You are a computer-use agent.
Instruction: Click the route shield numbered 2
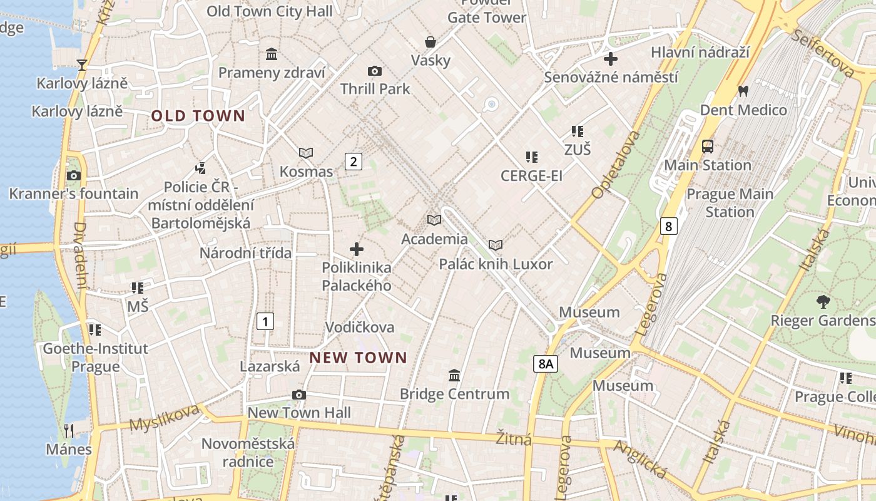[354, 162]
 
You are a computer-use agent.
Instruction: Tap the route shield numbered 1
[265, 322]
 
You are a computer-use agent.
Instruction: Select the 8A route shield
[546, 363]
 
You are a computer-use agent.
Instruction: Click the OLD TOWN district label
[198, 116]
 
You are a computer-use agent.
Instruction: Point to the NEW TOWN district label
[359, 358]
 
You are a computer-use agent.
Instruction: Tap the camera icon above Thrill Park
[375, 71]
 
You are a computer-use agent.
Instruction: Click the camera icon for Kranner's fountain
[74, 175]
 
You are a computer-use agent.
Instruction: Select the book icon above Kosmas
[306, 153]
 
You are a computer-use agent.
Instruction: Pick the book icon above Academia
[434, 220]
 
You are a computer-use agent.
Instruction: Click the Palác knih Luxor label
[496, 264]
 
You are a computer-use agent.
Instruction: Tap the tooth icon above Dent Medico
[743, 91]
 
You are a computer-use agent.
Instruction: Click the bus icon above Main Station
[708, 147]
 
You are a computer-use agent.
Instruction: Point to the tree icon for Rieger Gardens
[823, 302]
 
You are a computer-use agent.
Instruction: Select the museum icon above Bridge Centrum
[454, 375]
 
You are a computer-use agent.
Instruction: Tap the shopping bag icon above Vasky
[430, 42]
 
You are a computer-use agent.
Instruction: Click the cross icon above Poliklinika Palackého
[357, 249]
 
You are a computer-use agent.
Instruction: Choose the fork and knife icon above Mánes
[69, 430]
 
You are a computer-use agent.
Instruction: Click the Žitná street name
[514, 439]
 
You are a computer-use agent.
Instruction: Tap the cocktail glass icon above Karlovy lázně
[81, 65]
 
